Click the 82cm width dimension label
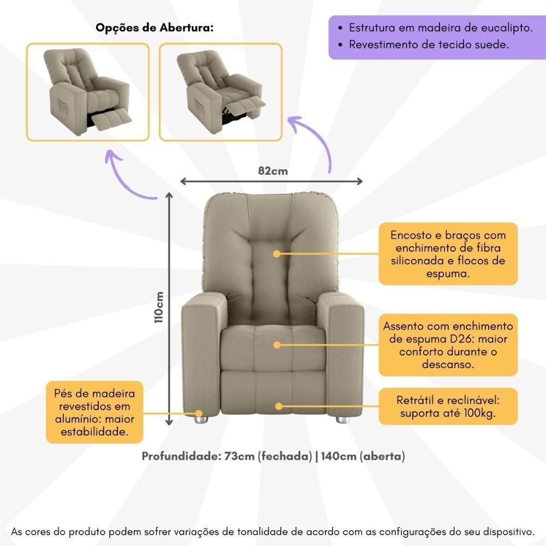point(272,171)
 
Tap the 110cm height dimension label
point(159,307)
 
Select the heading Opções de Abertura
point(155,28)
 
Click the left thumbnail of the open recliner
point(88,92)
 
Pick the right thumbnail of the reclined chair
point(221,92)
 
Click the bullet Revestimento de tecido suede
point(429,45)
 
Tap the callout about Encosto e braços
point(448,254)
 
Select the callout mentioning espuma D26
point(448,345)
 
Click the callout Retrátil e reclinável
point(448,406)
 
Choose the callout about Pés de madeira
point(94,412)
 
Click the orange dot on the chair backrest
point(277,254)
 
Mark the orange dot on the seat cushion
point(277,345)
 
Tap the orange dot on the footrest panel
point(278,406)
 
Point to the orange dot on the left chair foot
point(199,414)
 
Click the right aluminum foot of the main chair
point(343,420)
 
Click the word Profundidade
point(180,456)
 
